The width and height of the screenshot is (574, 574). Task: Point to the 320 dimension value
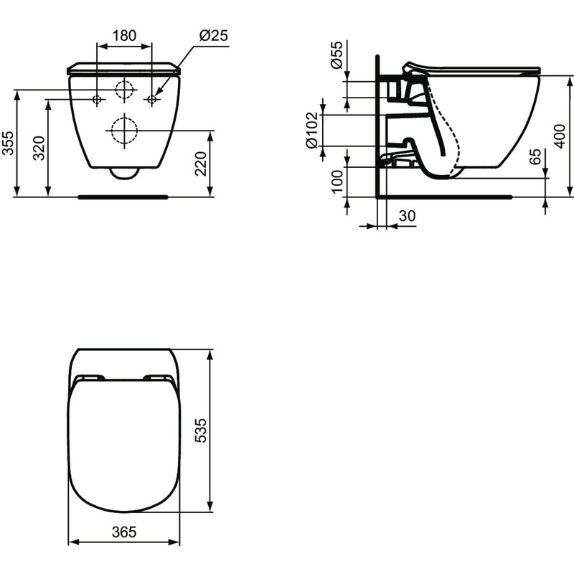pos(39,147)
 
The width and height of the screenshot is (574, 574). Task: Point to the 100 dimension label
pos(337,182)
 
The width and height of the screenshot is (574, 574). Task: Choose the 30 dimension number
pos(407,215)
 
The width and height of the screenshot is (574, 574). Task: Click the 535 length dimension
pos(202,430)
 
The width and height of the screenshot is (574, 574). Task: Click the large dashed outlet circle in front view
pos(123,131)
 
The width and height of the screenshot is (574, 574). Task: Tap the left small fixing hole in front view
pos(98,100)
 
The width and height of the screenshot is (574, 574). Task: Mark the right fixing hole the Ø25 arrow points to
pos(151,100)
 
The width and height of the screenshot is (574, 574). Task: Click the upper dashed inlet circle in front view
pos(124,90)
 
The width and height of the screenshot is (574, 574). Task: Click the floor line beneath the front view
pos(123,194)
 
